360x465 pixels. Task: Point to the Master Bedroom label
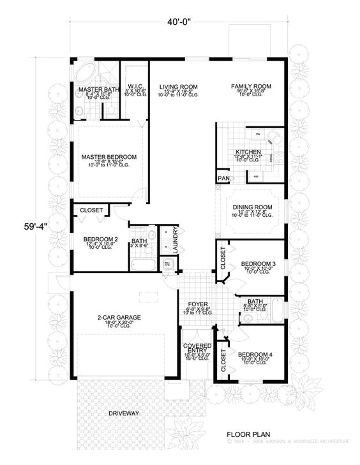click(x=109, y=156)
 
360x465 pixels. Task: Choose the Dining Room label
click(x=251, y=207)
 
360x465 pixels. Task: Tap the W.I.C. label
click(x=135, y=85)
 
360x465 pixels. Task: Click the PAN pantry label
click(x=223, y=178)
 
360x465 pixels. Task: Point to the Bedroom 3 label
click(x=257, y=263)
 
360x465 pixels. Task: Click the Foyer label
click(x=195, y=303)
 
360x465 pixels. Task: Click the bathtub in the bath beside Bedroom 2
click(x=140, y=263)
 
